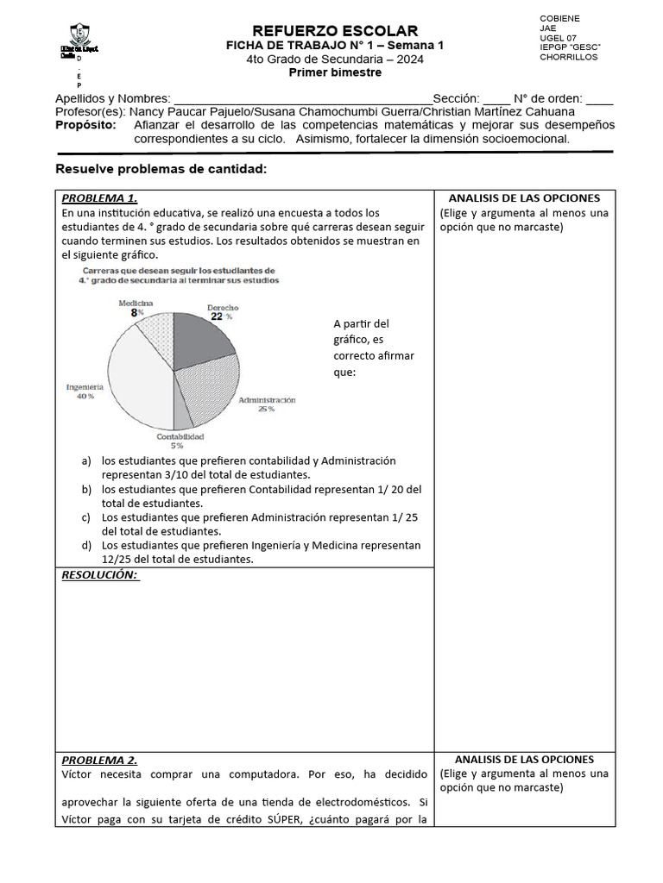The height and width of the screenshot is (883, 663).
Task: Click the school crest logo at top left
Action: point(79,35)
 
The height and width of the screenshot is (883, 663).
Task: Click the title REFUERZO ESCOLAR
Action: point(334,31)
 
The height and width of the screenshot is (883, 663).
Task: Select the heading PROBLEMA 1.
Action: point(99,197)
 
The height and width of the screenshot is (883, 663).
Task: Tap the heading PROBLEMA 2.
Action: point(99,760)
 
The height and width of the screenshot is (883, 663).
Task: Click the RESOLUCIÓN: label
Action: point(100,575)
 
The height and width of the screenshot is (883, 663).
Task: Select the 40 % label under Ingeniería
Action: point(85,397)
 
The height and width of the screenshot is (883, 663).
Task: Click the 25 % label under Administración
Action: point(266,409)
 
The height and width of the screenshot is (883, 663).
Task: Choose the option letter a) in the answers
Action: point(86,460)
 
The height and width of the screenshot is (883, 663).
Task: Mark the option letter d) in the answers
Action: point(86,545)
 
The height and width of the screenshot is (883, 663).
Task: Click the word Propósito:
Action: point(85,125)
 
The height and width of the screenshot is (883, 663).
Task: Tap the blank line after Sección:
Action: point(496,99)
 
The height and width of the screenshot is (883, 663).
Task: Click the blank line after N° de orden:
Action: point(599,99)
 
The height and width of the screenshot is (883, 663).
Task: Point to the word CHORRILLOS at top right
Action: point(568,57)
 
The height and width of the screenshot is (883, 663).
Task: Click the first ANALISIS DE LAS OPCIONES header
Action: point(524,197)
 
